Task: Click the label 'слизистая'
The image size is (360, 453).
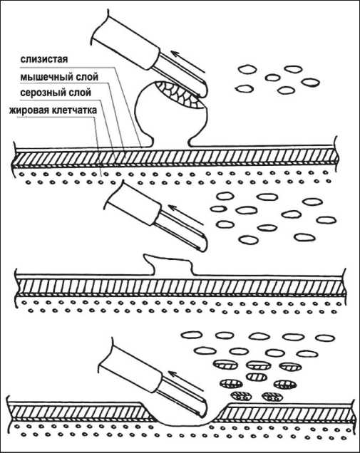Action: point(44,59)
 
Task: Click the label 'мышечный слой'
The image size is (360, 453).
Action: point(59,77)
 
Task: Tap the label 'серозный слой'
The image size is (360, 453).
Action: point(56,93)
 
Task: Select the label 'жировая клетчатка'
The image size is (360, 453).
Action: point(53,110)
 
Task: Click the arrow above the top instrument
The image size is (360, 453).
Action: point(188,62)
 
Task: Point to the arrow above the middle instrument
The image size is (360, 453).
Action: point(185,215)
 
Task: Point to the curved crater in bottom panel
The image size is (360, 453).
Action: point(185,417)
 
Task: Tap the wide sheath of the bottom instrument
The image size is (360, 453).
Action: point(130,366)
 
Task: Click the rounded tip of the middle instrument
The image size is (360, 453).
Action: point(202,245)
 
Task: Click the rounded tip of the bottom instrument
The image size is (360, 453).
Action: point(203,410)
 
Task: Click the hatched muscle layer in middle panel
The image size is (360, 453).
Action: point(182,287)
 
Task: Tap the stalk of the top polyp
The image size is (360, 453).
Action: point(170,141)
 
